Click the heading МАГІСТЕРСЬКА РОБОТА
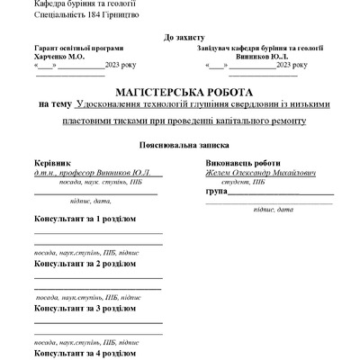tap(184, 93)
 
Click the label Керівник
tap(53, 162)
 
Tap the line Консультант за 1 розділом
tap(85, 220)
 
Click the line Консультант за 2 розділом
tap(85, 265)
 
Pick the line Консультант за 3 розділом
tap(85, 309)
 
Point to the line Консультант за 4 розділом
tap(85, 353)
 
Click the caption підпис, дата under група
tap(273, 210)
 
